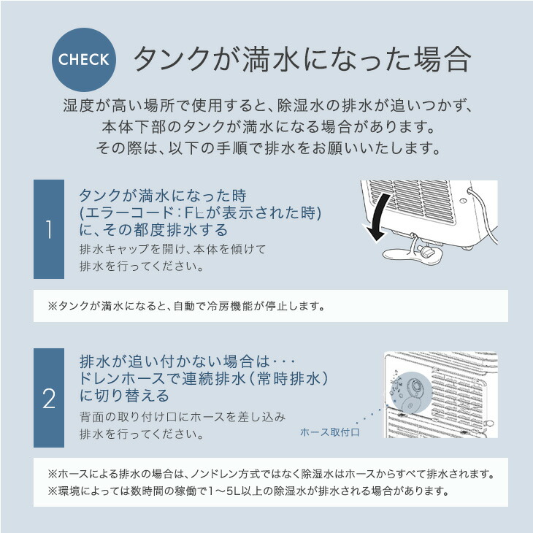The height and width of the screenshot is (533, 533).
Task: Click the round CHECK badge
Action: (84, 60)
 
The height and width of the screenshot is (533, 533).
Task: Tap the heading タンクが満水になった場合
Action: (300, 60)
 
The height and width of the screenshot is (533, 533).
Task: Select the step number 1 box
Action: (48, 229)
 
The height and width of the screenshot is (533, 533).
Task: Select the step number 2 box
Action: (48, 398)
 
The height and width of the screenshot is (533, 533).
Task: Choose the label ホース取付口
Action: (330, 432)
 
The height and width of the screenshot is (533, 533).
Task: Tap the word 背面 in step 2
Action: (91, 417)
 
